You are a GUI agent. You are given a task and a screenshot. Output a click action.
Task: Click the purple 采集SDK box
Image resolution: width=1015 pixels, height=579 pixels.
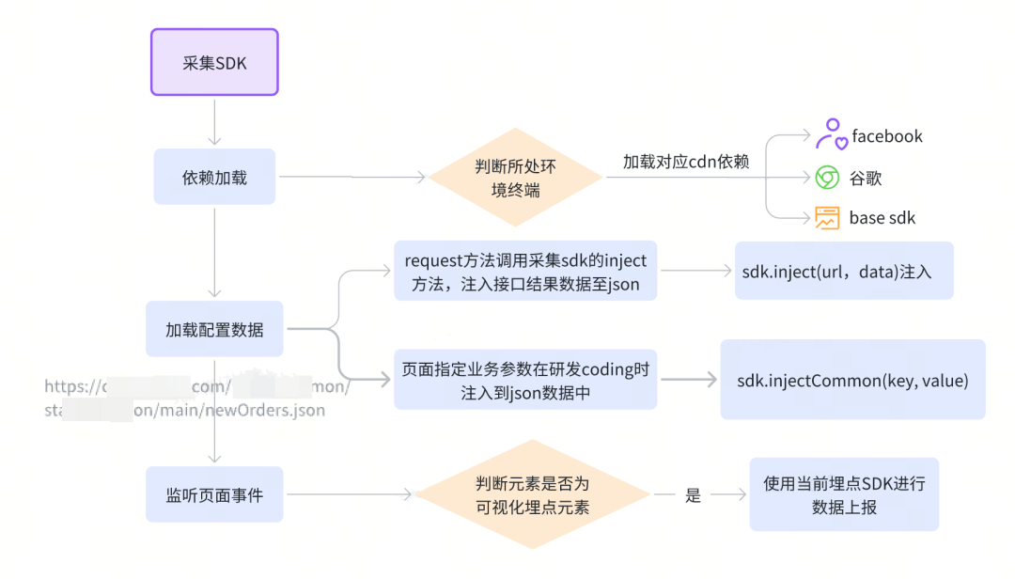[x=214, y=62]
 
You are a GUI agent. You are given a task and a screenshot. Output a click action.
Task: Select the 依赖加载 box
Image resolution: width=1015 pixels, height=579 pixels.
[x=214, y=177]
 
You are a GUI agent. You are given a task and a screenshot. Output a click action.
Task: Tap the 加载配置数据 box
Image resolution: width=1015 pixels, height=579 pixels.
[x=214, y=329]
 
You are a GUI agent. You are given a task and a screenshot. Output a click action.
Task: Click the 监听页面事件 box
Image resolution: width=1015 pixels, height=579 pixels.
[x=214, y=494]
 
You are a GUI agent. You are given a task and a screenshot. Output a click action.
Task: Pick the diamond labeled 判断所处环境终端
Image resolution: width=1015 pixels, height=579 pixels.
[x=515, y=177]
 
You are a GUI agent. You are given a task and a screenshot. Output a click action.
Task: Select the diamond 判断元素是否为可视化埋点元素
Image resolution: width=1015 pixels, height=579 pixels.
[x=532, y=494]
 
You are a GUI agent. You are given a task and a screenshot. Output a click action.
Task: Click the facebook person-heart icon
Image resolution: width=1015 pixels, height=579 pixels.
[x=830, y=135]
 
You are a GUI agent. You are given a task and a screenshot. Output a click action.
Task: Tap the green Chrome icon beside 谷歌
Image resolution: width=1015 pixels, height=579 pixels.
[x=827, y=178]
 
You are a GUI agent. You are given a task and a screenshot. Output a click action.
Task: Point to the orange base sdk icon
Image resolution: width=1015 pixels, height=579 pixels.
[x=827, y=218]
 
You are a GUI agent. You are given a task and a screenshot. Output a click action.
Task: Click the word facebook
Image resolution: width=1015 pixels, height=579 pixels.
[x=886, y=136]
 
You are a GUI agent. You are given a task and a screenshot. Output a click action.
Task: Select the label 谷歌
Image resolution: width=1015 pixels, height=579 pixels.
[x=866, y=178]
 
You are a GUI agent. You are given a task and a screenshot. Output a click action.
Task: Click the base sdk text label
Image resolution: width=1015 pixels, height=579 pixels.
[x=882, y=218]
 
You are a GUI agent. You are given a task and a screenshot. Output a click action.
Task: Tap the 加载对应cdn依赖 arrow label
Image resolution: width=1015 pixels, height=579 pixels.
[x=686, y=161]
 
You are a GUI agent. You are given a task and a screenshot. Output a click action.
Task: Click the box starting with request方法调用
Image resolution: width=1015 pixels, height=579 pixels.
[x=525, y=272]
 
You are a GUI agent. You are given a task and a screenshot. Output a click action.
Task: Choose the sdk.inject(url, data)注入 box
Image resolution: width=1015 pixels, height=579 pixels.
[x=844, y=272]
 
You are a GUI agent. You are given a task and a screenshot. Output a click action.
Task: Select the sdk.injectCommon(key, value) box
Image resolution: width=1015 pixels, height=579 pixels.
[x=852, y=380]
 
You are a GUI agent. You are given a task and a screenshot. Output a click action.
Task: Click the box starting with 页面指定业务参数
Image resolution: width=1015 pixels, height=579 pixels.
[x=525, y=380]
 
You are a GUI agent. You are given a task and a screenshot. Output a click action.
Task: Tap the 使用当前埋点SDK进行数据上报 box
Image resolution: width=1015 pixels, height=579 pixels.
[x=844, y=494]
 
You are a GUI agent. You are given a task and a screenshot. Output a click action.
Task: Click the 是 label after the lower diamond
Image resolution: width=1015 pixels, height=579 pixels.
[x=693, y=495]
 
